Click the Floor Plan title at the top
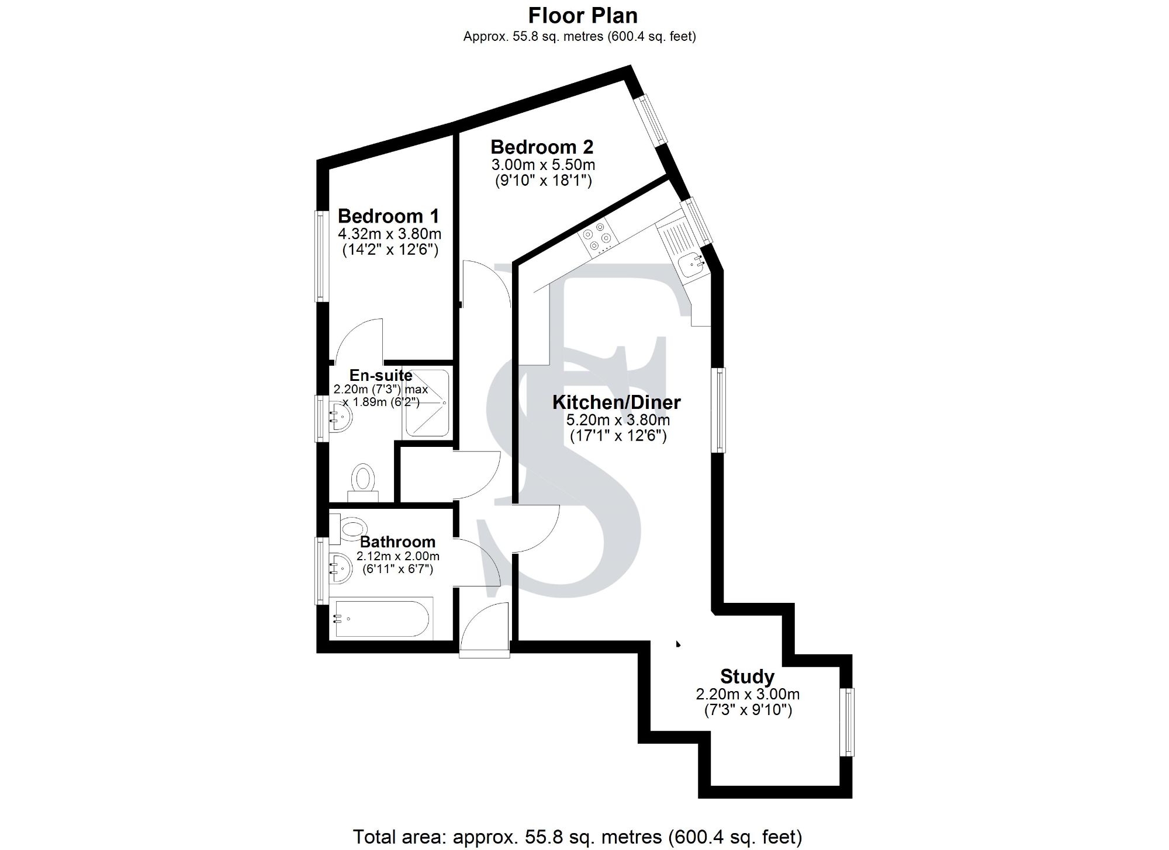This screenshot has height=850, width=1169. (583, 15)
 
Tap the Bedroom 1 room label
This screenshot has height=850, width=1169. (388, 216)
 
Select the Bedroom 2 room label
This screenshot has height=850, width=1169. (542, 147)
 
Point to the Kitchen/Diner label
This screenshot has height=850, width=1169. (617, 403)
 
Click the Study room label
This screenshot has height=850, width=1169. (747, 676)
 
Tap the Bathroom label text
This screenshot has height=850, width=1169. (397, 542)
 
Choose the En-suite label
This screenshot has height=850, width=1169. (381, 375)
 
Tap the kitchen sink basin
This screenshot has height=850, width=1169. (693, 266)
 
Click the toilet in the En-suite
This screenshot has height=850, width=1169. (364, 478)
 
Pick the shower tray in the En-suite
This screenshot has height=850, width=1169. (427, 403)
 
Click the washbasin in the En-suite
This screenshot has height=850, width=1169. (340, 415)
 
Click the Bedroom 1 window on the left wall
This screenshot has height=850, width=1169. (320, 256)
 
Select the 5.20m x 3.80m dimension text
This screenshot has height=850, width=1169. (618, 420)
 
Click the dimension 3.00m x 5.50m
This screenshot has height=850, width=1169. (543, 165)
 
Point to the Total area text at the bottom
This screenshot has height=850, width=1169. (577, 837)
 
